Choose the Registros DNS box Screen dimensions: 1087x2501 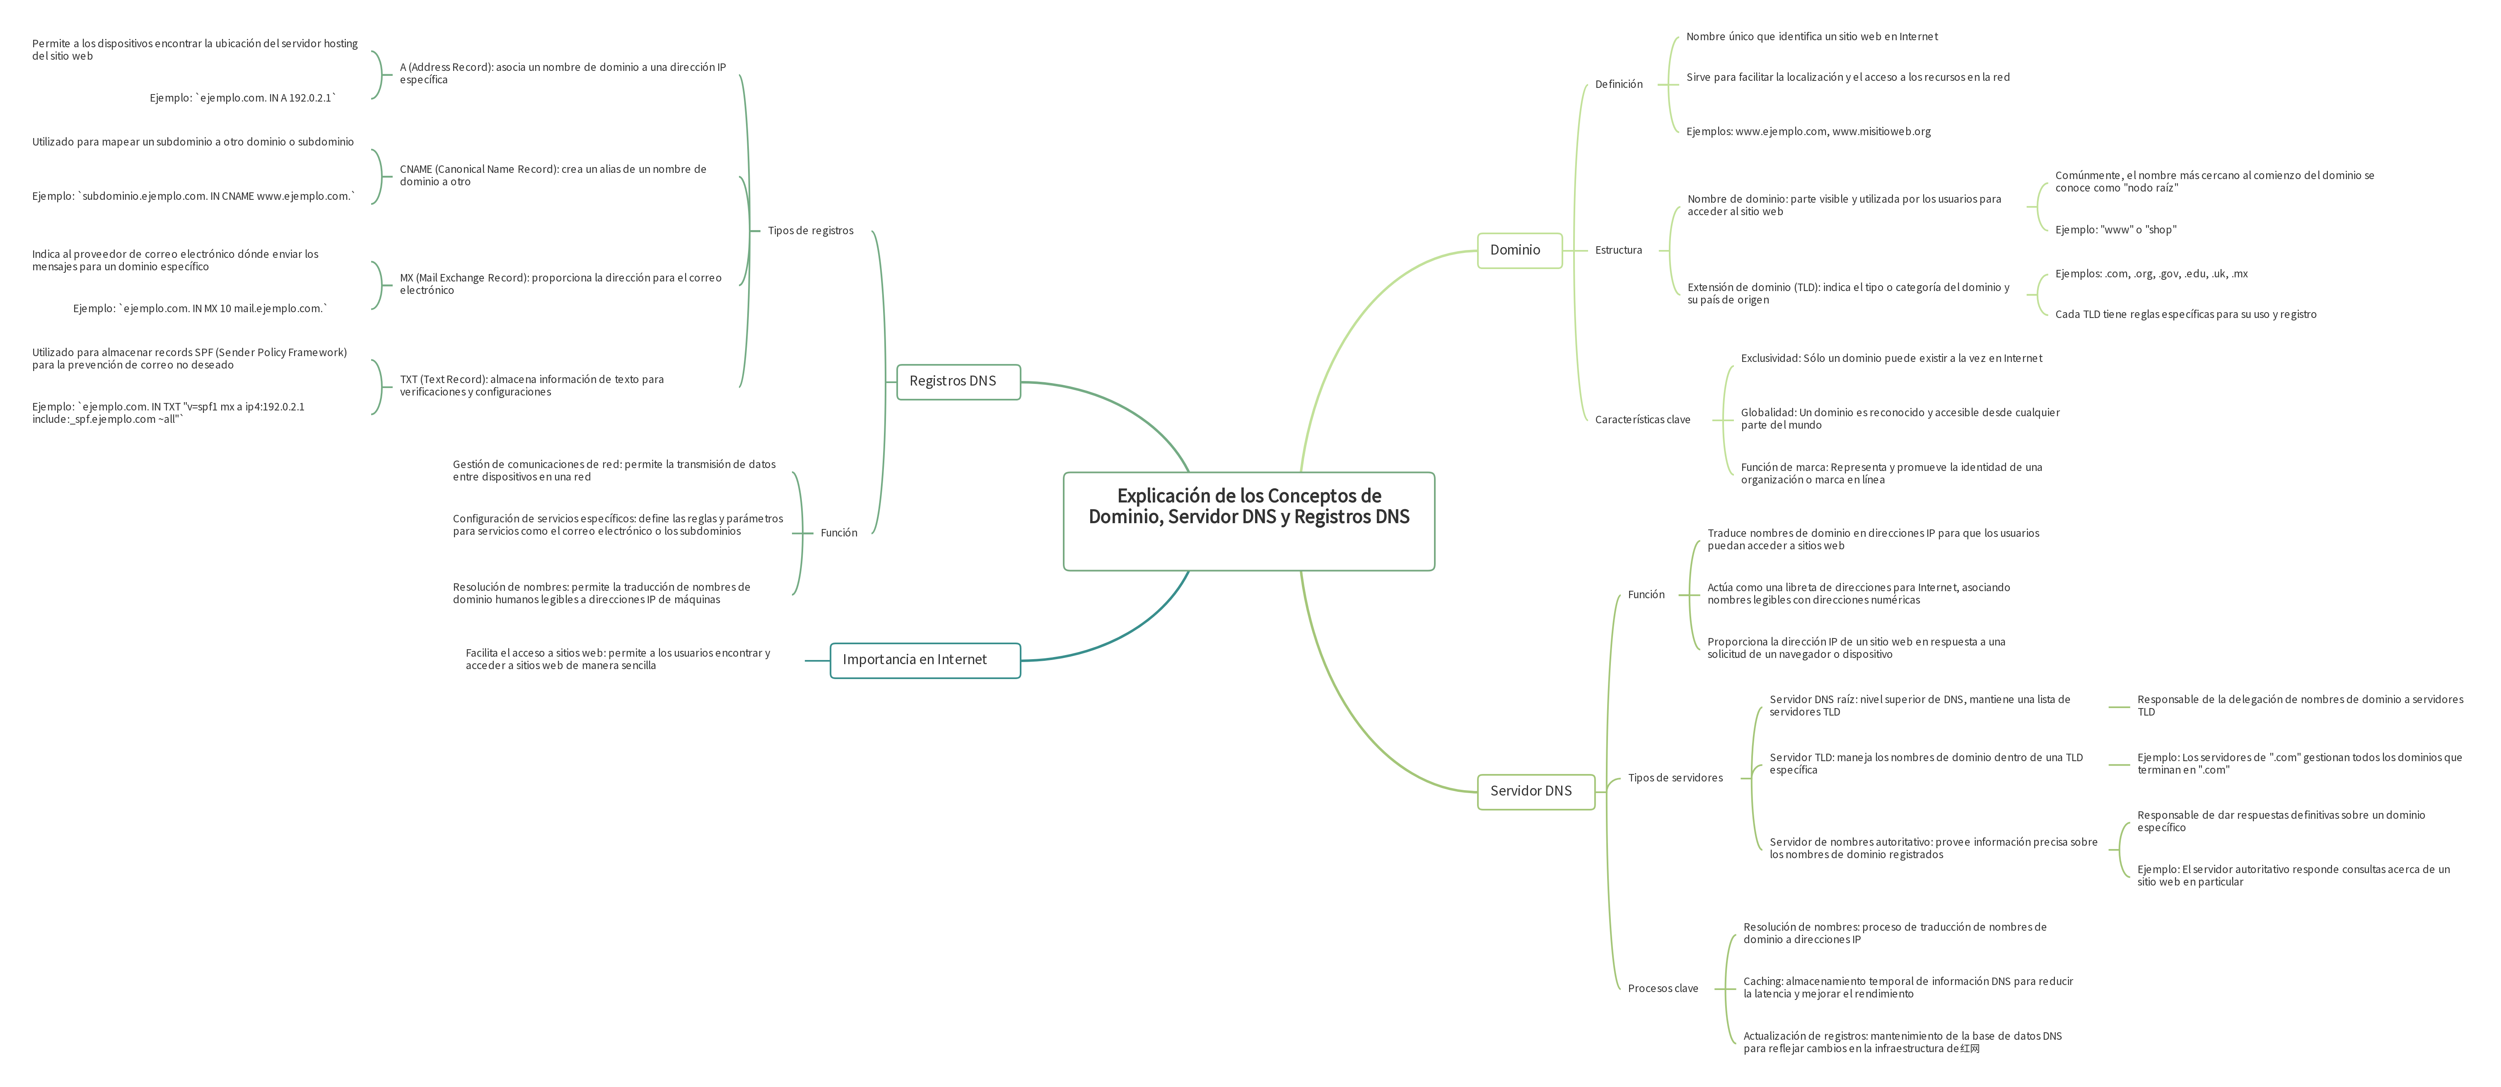[957, 381]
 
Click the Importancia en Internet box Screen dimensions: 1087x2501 [924, 660]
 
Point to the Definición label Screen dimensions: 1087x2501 [1618, 85]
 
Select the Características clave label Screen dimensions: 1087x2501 [1643, 420]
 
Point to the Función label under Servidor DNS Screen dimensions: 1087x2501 [1646, 594]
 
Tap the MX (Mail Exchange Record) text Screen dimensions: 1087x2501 [560, 284]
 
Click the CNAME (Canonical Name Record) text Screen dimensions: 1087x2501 [553, 175]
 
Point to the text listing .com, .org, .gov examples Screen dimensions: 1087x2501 [2151, 274]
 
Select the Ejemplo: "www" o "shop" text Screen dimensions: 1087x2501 [2115, 230]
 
